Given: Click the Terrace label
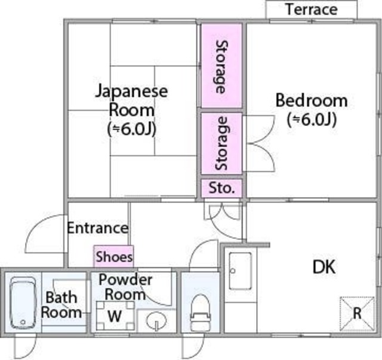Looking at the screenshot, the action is pos(312,10).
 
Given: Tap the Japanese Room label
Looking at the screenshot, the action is pos(131,100).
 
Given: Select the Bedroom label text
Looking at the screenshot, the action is pos(312,100).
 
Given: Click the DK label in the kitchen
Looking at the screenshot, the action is pos(324,267).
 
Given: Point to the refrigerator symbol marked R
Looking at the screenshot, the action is pos(357,313).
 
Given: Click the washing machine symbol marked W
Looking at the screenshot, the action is pos(115,316).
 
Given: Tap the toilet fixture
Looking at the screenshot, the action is pos(201,313).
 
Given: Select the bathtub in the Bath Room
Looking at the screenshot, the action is pos(23,303).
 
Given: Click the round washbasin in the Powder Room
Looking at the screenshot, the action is pos(156,321).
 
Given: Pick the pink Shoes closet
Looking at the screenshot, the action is pos(114,256).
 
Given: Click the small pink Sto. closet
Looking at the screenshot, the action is pos(221,188).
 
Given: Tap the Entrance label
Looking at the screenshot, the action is pos(97,228).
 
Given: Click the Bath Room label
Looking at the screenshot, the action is pos(61,305).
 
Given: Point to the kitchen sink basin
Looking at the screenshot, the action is pos(240,271).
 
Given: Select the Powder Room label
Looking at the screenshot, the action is pos(125,287).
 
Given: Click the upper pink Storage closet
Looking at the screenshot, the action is pos(221,66).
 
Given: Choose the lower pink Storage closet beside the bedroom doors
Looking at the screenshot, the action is pos(221,143).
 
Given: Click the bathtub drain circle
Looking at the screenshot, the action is pos(23,322).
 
